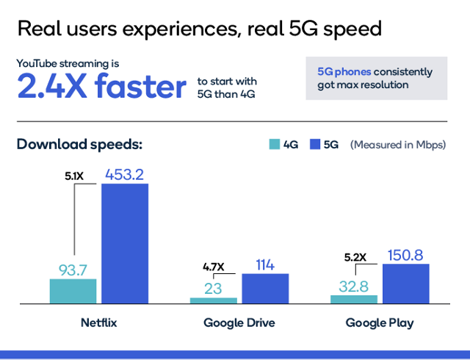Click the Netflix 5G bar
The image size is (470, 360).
pyautogui.click(x=124, y=243)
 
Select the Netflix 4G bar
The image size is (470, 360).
pyautogui.click(x=73, y=291)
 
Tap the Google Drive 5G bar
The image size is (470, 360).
pyautogui.click(x=265, y=288)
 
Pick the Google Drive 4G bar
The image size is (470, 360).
pyautogui.click(x=213, y=300)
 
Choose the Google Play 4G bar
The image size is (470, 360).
pyautogui.click(x=354, y=299)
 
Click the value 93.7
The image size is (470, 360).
pyautogui.click(x=73, y=269)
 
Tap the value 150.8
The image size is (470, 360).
pyautogui.click(x=405, y=254)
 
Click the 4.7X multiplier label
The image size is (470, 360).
pyautogui.click(x=214, y=267)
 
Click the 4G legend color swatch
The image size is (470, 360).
pyautogui.click(x=274, y=145)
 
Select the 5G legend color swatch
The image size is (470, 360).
pyautogui.click(x=317, y=145)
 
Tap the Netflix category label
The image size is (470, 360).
pyautogui.click(x=98, y=323)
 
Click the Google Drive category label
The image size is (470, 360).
pyautogui.click(x=239, y=323)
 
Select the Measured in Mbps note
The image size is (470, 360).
pyautogui.click(x=397, y=145)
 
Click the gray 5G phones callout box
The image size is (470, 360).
pyautogui.click(x=376, y=79)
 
